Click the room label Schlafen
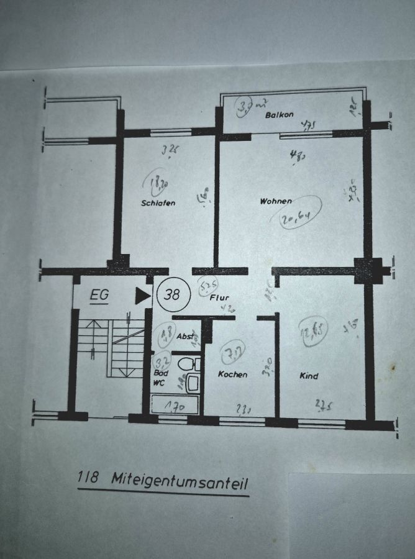[x=158, y=203]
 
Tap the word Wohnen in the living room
[x=276, y=201]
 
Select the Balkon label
[x=279, y=115]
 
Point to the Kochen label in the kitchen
[x=232, y=375]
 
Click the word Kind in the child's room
[x=309, y=376]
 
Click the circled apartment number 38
[x=170, y=295]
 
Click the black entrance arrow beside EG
[x=143, y=296]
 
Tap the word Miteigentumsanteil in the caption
[x=180, y=479]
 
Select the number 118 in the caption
[x=89, y=478]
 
